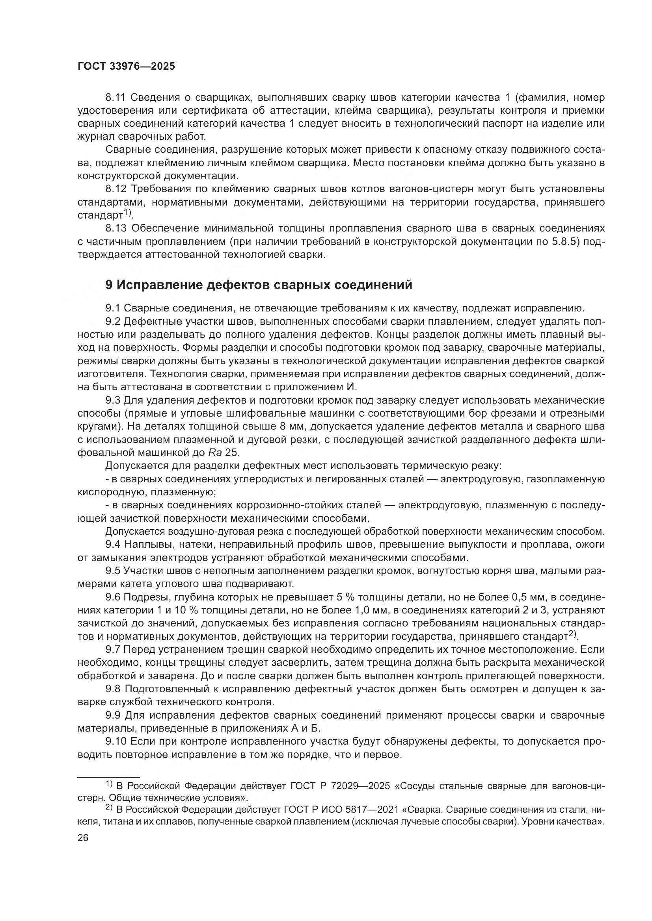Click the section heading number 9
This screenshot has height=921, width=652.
pos(109,285)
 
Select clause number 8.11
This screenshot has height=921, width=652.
pos(115,98)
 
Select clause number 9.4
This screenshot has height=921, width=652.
pos(113,545)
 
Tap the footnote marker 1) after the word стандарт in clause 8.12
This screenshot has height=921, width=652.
pos(127,212)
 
